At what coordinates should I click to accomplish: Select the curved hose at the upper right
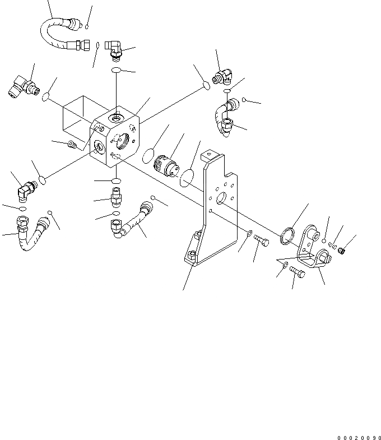pyautogui.click(x=224, y=115)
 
